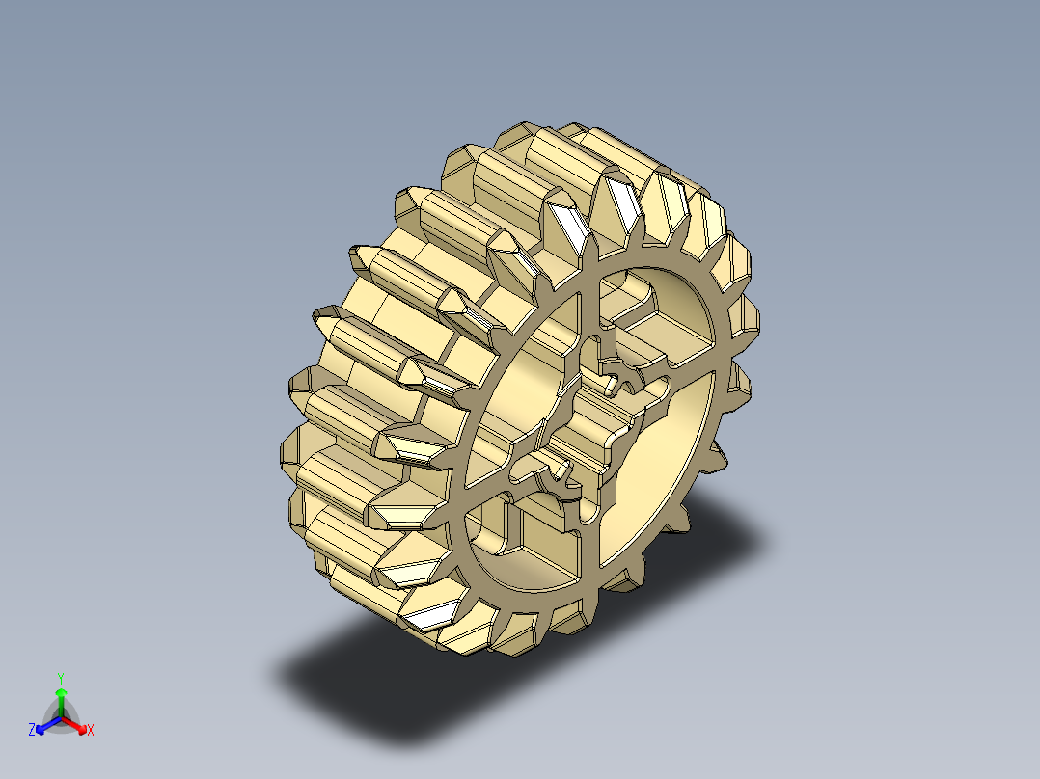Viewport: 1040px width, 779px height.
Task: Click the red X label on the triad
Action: [x=90, y=730]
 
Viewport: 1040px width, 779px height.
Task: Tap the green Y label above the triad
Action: [x=61, y=677]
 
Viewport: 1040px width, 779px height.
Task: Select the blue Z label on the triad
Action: [x=32, y=730]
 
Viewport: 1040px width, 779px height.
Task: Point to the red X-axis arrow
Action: [x=77, y=724]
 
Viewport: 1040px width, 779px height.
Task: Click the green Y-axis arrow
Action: [x=61, y=700]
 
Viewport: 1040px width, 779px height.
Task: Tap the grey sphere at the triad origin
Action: [x=61, y=718]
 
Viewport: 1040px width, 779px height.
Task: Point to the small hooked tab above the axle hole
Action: [x=614, y=371]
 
